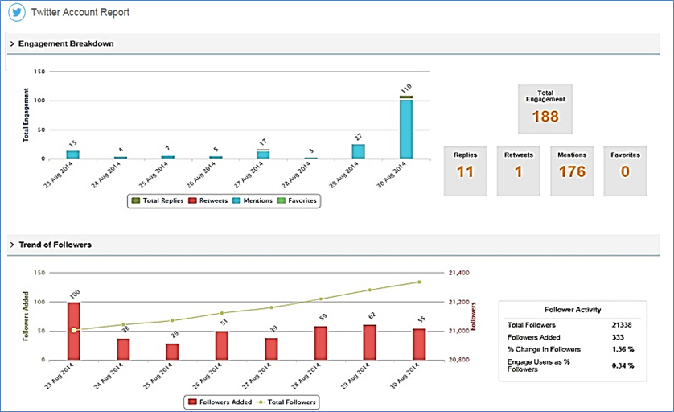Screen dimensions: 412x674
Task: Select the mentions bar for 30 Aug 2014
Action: coord(405,129)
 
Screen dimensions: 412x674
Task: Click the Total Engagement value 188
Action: coord(545,117)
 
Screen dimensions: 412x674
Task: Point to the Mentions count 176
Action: coord(572,171)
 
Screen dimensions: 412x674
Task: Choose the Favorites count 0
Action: coord(625,171)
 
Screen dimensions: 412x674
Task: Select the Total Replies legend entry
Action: coord(157,200)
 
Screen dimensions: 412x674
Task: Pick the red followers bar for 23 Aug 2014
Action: coord(74,331)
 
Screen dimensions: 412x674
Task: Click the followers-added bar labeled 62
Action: coord(370,342)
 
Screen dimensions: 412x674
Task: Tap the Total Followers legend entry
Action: coord(288,402)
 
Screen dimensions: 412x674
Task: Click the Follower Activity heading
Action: coord(572,309)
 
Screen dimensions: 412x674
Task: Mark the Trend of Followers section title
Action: coord(55,244)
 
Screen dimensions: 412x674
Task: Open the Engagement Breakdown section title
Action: coord(66,43)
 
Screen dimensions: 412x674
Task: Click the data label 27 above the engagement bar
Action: coord(358,137)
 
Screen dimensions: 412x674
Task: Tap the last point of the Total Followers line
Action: coord(418,282)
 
